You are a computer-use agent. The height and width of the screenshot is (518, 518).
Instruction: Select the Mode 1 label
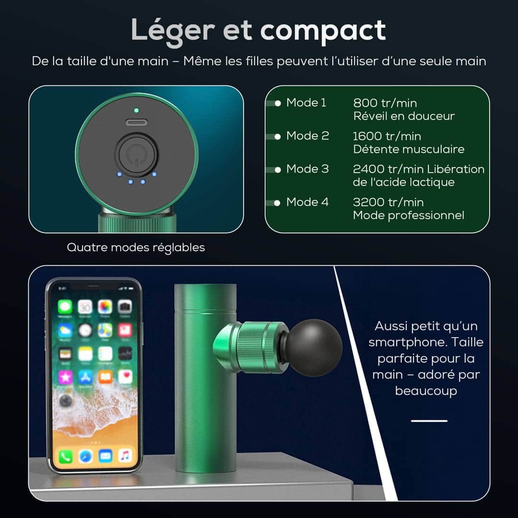(x=306, y=103)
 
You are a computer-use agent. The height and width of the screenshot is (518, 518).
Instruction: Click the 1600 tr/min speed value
(x=387, y=136)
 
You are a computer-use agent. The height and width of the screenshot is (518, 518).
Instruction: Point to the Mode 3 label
(x=307, y=169)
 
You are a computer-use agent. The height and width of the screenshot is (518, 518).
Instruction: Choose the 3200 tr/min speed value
(x=388, y=202)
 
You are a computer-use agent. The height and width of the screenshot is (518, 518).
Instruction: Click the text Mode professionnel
(x=408, y=215)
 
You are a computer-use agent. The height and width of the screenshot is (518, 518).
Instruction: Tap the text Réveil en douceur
(x=404, y=116)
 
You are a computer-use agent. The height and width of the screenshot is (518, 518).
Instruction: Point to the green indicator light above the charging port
(x=136, y=110)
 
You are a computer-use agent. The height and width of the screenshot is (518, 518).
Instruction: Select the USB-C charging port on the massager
(x=136, y=123)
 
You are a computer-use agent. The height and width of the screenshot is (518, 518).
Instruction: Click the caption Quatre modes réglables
(x=136, y=247)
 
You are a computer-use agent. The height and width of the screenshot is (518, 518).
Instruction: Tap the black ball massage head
(x=314, y=348)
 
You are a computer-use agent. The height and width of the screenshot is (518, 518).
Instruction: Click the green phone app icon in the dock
(x=66, y=457)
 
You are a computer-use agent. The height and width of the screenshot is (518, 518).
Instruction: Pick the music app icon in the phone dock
(x=125, y=456)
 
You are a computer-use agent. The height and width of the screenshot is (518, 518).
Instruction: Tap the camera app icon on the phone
(x=125, y=307)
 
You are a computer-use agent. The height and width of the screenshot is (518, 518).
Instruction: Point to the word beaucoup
(x=426, y=391)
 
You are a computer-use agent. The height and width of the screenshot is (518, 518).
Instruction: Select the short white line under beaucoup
(x=429, y=421)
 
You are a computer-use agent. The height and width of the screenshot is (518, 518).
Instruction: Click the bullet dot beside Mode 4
(x=277, y=203)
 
